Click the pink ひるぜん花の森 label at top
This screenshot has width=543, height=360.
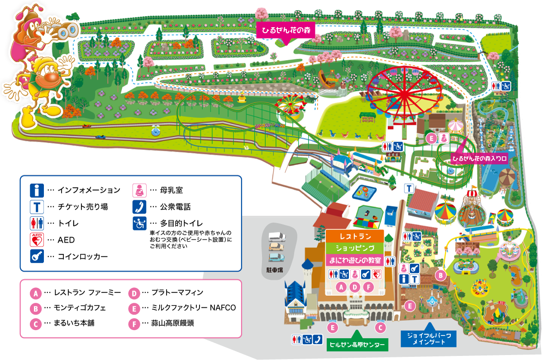click(x=285, y=31)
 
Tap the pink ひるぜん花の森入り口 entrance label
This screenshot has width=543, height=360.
click(x=480, y=158)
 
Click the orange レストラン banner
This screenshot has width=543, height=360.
click(x=355, y=237)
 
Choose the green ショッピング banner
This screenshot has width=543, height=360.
click(x=355, y=249)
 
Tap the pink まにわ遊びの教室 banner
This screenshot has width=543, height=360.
click(x=355, y=261)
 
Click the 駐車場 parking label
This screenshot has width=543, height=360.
click(x=274, y=269)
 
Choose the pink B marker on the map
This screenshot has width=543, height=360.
click(x=439, y=274)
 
